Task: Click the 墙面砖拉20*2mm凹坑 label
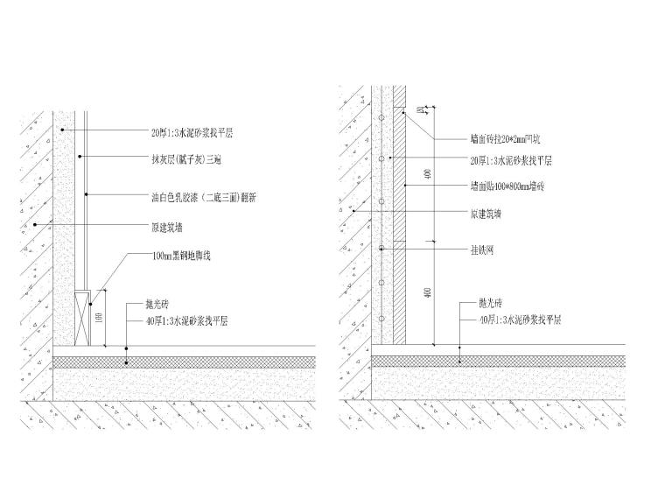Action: pos(507,138)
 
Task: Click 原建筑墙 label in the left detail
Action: pos(171,226)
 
